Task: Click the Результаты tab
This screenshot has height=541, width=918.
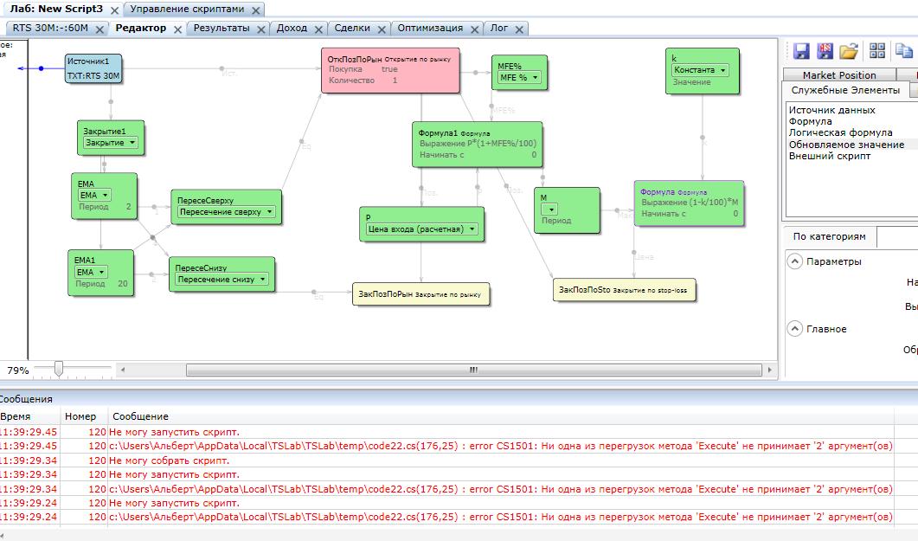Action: [x=221, y=29]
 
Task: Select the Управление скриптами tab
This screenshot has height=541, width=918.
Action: [x=187, y=10]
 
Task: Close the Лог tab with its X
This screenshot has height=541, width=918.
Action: [x=519, y=29]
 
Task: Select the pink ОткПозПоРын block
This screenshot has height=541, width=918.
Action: [x=390, y=70]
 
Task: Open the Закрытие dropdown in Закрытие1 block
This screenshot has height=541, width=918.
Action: [x=111, y=143]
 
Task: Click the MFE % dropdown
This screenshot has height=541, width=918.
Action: [x=519, y=78]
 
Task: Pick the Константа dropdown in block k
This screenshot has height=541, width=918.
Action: [x=700, y=71]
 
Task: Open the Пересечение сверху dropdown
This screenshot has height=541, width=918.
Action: [x=226, y=212]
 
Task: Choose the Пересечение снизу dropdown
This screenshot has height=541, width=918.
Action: [x=222, y=280]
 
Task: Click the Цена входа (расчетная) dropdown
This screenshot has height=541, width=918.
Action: [x=421, y=229]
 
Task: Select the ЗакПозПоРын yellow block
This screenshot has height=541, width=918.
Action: [x=420, y=294]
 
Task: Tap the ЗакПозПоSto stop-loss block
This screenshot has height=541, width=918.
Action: [x=624, y=290]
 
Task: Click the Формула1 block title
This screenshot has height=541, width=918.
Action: [x=438, y=133]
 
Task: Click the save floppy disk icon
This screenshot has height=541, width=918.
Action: [x=801, y=50]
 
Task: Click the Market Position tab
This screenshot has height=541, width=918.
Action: [x=838, y=75]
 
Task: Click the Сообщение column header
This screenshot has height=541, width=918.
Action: [x=140, y=416]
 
